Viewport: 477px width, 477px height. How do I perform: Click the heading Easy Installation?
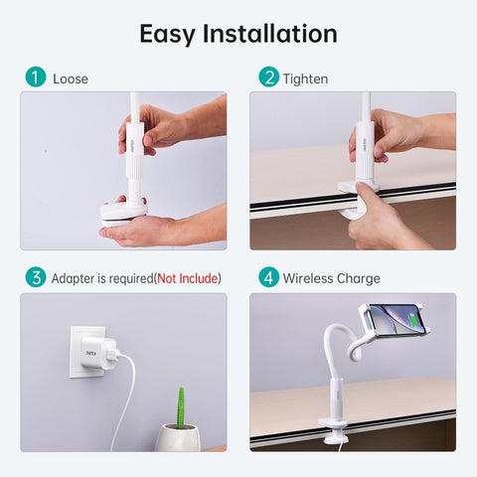click(238, 33)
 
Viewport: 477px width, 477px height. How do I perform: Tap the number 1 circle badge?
click(36, 78)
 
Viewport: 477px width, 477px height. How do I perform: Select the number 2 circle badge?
click(268, 78)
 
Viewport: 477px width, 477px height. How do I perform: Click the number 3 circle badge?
click(36, 278)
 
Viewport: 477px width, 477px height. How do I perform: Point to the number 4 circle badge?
click(268, 278)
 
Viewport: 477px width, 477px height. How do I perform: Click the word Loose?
click(70, 78)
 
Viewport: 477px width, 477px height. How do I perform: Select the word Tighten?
click(305, 78)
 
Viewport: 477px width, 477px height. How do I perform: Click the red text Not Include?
click(187, 278)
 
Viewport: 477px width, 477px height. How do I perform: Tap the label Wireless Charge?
click(331, 278)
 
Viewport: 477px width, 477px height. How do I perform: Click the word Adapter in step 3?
click(76, 278)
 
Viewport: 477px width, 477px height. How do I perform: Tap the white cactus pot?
click(179, 437)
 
